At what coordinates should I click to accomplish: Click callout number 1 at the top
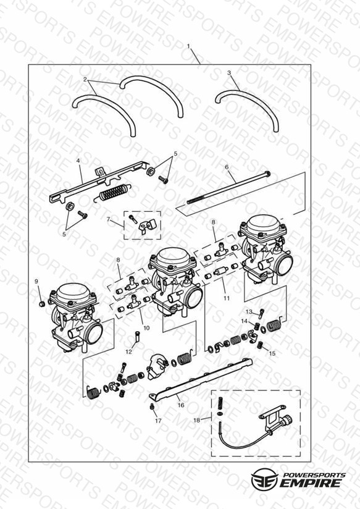tap(188, 46)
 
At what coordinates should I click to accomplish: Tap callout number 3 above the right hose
tap(229, 73)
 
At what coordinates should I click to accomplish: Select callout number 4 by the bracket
tap(78, 161)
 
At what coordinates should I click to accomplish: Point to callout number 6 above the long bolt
tap(227, 167)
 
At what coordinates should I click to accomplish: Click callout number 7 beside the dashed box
tap(109, 219)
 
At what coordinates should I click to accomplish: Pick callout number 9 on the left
tap(36, 282)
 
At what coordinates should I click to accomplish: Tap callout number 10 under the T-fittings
tap(146, 328)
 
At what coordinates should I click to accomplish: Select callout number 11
tap(227, 298)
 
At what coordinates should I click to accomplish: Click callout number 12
tap(129, 352)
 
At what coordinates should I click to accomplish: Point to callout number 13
tap(249, 312)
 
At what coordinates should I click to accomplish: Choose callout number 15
tap(272, 353)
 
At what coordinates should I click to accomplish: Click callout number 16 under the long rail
tap(181, 405)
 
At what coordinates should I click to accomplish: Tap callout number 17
tap(158, 421)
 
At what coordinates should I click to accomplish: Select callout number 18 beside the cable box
tap(197, 420)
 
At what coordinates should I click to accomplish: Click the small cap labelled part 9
tap(41, 304)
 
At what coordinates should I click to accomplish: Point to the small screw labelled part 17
tap(152, 406)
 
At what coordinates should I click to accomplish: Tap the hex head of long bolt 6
tap(268, 174)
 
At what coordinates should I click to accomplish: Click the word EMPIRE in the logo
tap(311, 482)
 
